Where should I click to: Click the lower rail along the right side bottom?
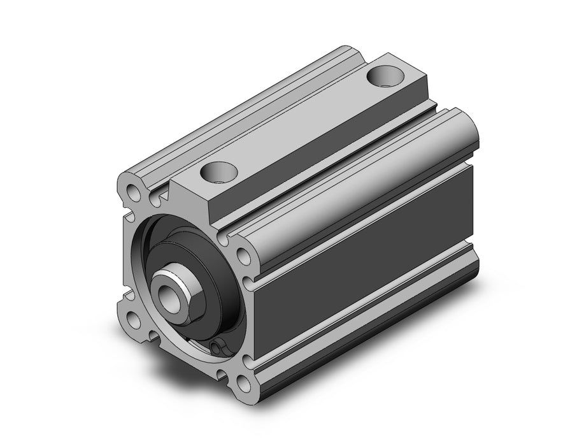369,319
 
